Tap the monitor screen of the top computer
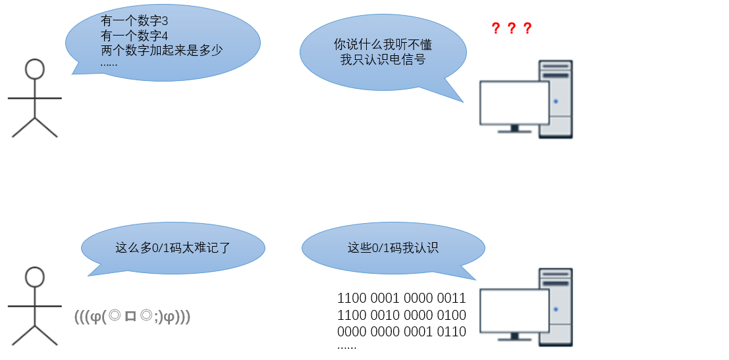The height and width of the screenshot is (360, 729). [515, 103]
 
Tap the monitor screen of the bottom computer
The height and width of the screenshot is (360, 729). [515, 311]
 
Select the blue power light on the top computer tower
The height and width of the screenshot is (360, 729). [556, 101]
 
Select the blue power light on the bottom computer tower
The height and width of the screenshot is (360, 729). [556, 309]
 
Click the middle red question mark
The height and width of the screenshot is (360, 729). [512, 28]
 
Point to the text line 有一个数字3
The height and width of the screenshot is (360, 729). [134, 21]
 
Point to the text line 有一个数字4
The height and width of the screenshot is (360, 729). [134, 36]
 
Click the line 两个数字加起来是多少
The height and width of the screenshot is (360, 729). [162, 50]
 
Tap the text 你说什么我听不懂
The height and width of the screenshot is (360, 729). [383, 45]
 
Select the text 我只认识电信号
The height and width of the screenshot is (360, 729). [383, 59]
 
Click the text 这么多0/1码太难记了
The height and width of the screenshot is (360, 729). [173, 247]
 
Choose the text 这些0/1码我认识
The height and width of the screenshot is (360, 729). [393, 247]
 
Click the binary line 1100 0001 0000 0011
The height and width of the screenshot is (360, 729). [401, 297]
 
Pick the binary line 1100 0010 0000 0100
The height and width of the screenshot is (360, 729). [401, 315]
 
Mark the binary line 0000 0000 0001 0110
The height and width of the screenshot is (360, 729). [401, 332]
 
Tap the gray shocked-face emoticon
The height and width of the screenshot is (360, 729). [132, 317]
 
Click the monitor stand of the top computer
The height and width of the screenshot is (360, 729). [515, 129]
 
